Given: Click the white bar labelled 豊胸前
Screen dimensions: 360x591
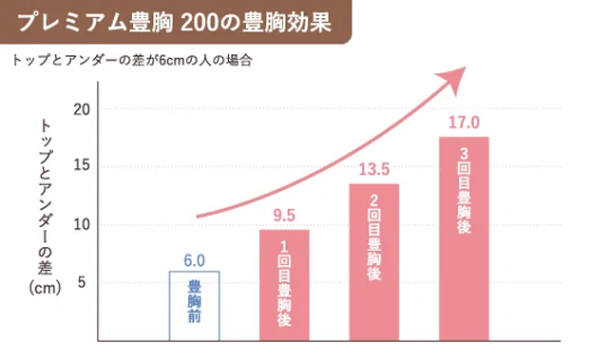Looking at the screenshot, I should [x=194, y=306].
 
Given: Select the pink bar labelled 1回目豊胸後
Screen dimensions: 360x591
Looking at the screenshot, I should [x=284, y=285].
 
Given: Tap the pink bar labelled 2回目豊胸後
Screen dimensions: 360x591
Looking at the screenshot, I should [x=373, y=262].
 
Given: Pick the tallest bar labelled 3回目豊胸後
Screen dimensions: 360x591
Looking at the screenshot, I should [x=464, y=238].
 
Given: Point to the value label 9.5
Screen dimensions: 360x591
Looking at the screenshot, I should [x=284, y=216].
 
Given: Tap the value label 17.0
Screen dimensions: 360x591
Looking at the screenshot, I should [x=464, y=123].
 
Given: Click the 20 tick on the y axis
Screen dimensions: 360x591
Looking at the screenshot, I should [x=81, y=109].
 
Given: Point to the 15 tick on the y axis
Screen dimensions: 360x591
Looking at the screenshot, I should [x=81, y=167].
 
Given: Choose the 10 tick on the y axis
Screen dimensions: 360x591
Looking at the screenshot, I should [x=81, y=225].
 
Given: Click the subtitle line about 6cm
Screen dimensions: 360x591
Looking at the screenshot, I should [x=133, y=60].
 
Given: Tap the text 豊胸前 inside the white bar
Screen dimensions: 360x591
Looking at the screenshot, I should [x=194, y=304].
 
